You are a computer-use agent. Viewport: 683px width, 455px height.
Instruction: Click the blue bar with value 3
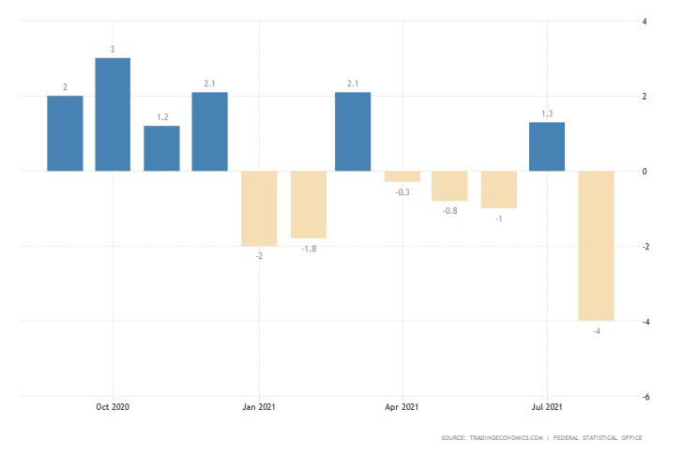[x=113, y=114]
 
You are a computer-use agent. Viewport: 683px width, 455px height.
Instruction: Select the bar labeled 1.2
[x=161, y=148]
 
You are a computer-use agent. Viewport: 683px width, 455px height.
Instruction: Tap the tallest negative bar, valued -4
[x=596, y=246]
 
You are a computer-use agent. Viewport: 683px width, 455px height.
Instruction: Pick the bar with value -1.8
[x=308, y=205]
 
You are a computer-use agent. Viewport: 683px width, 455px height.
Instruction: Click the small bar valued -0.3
[x=402, y=176]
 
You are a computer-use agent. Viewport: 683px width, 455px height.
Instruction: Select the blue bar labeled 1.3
[x=547, y=146]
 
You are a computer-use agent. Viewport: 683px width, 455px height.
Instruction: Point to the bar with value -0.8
[x=449, y=186]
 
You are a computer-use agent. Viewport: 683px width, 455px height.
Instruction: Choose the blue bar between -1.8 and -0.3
[x=353, y=131]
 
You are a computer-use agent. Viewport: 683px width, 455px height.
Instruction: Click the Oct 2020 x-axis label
[x=113, y=406]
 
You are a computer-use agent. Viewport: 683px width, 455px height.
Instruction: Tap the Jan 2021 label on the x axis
[x=258, y=406]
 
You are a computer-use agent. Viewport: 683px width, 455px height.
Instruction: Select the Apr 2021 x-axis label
[x=402, y=406]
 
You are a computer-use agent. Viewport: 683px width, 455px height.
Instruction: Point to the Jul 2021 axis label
[x=547, y=406]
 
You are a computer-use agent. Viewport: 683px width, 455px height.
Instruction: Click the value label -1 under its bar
[x=499, y=219]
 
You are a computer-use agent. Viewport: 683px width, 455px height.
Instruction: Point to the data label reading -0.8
[x=449, y=211]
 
